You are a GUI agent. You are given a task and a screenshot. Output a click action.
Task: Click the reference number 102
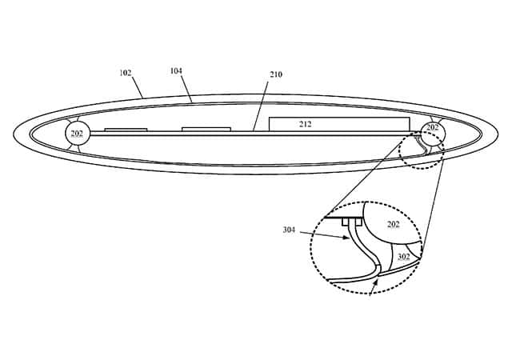[x=126, y=73]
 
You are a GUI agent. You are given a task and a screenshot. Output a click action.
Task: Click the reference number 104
[x=176, y=71]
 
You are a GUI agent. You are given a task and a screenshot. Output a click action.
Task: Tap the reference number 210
[x=276, y=75]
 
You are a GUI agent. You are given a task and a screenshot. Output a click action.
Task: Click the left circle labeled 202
[x=78, y=133]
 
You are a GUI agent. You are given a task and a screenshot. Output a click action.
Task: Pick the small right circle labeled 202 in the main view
[x=432, y=128]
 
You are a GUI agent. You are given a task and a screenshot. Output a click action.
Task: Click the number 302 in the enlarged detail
[x=404, y=257]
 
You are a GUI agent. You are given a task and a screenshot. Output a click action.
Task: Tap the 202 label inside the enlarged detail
[x=393, y=225]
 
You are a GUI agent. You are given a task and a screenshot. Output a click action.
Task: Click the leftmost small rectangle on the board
[x=126, y=130]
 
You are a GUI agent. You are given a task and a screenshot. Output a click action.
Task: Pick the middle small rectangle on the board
[x=206, y=129]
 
